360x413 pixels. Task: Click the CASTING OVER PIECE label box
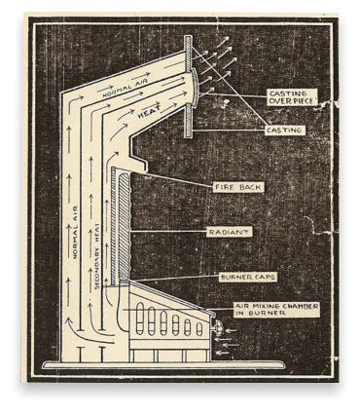coord(292,97)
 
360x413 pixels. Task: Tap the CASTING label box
coord(285,131)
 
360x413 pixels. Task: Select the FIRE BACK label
coord(238,187)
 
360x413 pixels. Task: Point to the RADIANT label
coord(230,232)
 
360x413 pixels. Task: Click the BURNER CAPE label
coord(248,277)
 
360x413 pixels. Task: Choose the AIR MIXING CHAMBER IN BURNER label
coord(276,310)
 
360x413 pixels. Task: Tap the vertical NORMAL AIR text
coord(75,232)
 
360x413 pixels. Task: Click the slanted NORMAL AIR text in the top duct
coord(125,87)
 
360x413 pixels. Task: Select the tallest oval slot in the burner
coord(140,319)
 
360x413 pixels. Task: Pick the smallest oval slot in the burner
coord(199,329)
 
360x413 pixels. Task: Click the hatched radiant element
coord(125,227)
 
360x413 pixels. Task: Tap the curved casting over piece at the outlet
coord(195,87)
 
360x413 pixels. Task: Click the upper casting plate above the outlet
coord(188,52)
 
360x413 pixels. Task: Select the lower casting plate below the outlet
coord(188,122)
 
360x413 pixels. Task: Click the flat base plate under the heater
coord(164,365)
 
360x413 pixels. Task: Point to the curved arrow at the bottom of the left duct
coord(85,332)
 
